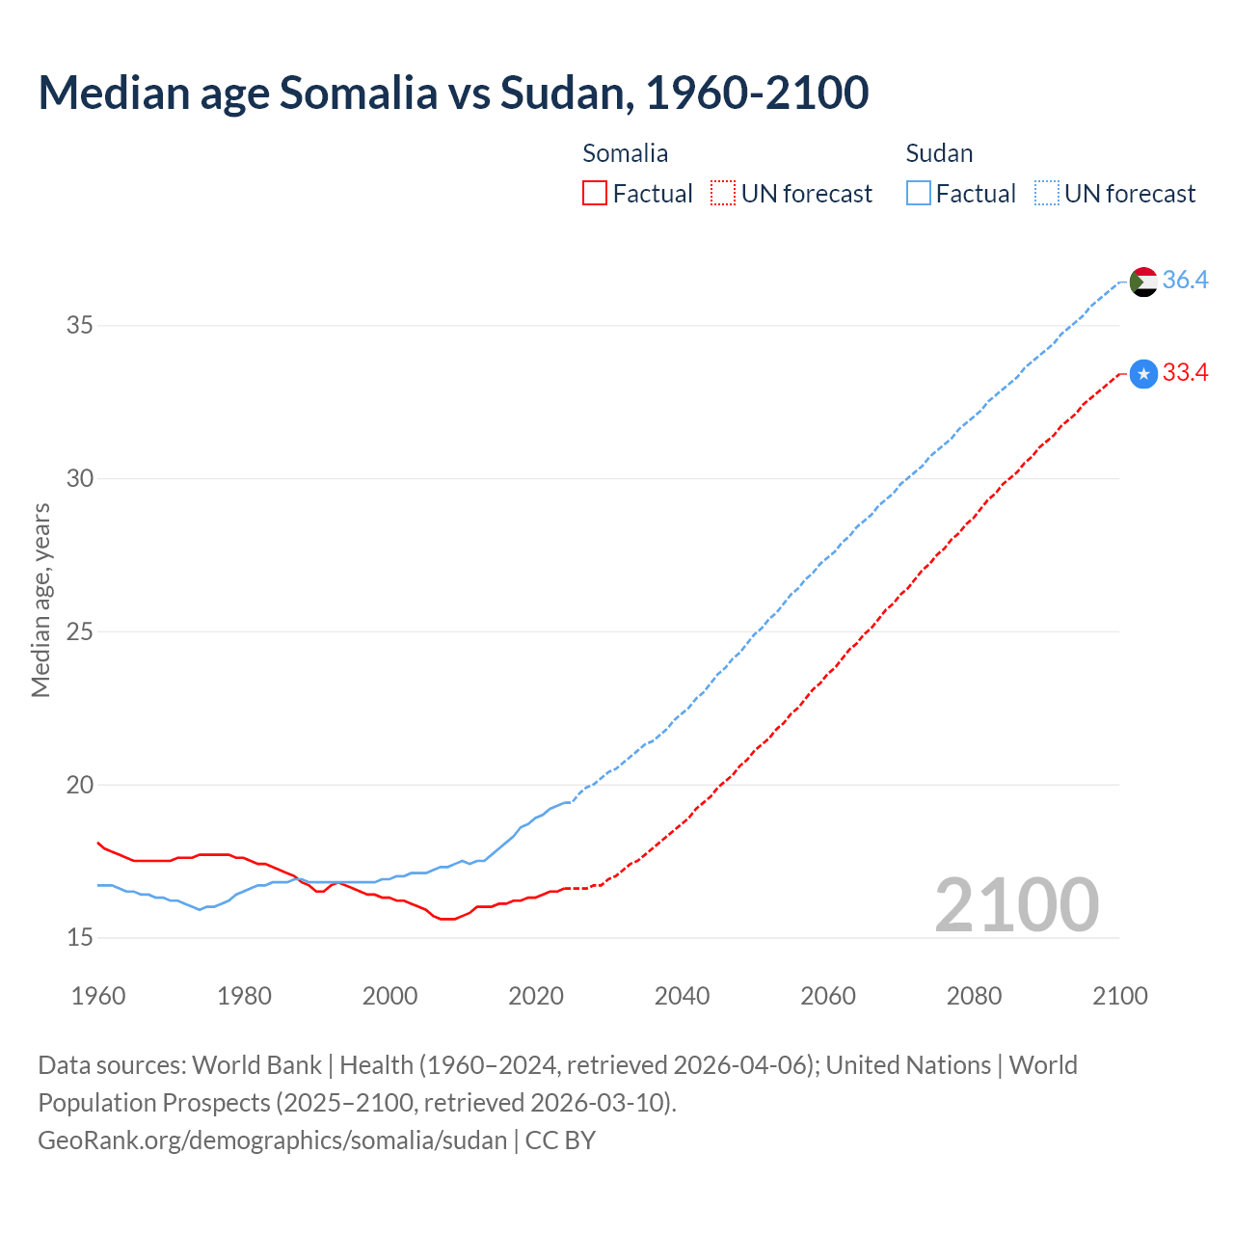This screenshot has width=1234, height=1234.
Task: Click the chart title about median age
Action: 453,93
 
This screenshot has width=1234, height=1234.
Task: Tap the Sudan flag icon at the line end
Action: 1142,282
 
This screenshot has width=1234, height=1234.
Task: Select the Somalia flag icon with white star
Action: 1143,374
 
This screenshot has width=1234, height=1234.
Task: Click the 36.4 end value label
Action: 1185,281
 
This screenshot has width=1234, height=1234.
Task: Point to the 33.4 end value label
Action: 1185,373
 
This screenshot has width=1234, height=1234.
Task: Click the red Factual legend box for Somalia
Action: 595,194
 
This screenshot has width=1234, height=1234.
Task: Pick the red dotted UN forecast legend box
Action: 723,194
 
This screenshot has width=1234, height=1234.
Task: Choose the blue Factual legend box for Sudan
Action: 919,194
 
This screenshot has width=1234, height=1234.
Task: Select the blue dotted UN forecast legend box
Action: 1046,194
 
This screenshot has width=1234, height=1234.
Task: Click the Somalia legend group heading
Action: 625,153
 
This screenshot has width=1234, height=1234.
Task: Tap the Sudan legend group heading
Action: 939,153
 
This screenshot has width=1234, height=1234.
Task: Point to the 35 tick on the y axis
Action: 79,326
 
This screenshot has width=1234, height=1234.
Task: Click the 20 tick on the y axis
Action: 79,786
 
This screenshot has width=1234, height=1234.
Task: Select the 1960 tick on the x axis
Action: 98,996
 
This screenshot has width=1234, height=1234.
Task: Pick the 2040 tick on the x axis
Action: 682,996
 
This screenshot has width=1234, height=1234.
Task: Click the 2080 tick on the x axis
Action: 974,996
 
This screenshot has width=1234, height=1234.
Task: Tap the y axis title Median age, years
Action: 40,600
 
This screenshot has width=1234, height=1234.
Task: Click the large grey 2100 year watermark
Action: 1016,904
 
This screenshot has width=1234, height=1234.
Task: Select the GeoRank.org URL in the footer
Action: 272,1140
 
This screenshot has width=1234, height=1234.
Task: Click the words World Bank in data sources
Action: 256,1065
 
